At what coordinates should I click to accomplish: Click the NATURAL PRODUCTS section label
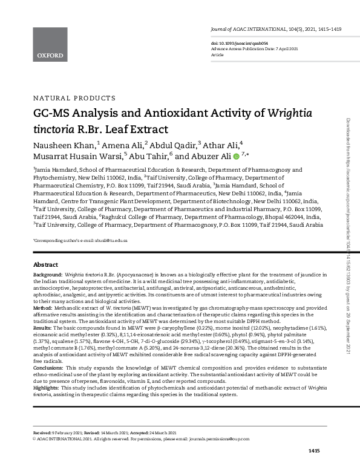[x=73, y=98]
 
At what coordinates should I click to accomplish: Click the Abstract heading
[x=45, y=265]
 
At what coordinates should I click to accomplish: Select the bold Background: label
[x=47, y=275]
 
